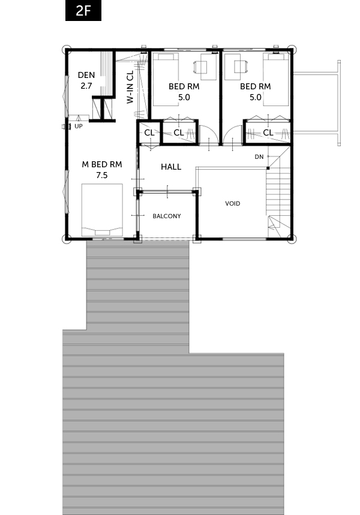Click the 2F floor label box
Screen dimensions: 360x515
pyautogui.click(x=83, y=11)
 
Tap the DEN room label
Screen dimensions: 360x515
pyautogui.click(x=86, y=75)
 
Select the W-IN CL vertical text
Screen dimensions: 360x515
pyautogui.click(x=130, y=87)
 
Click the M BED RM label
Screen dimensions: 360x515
pyautogui.click(x=102, y=164)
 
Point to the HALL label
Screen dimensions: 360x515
pyautogui.click(x=171, y=167)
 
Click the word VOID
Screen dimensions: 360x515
pyautogui.click(x=232, y=204)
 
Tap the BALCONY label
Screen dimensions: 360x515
pyautogui.click(x=167, y=216)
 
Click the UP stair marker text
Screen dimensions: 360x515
pyautogui.click(x=78, y=126)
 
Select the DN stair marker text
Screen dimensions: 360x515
pyautogui.click(x=259, y=157)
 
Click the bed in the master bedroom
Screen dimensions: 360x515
pyautogui.click(x=102, y=210)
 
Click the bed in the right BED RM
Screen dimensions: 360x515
pyautogui.click(x=276, y=80)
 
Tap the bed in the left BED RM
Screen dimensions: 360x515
pyautogui.click(x=166, y=80)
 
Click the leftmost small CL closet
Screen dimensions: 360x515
pyautogui.click(x=149, y=132)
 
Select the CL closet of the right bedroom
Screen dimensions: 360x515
pyautogui.click(x=268, y=132)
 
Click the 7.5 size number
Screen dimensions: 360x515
pyautogui.click(x=102, y=176)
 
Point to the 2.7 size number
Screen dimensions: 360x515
pyautogui.click(x=86, y=86)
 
